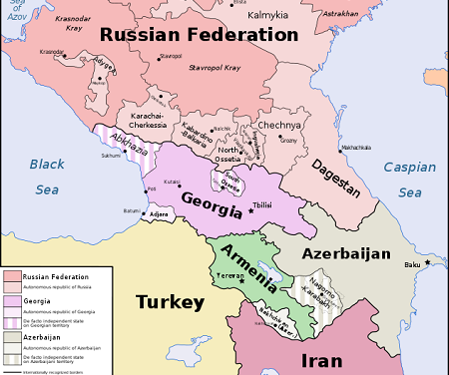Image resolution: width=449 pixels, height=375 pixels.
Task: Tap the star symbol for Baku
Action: [428, 262]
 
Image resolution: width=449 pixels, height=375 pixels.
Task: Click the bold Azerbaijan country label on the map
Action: [346, 254]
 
